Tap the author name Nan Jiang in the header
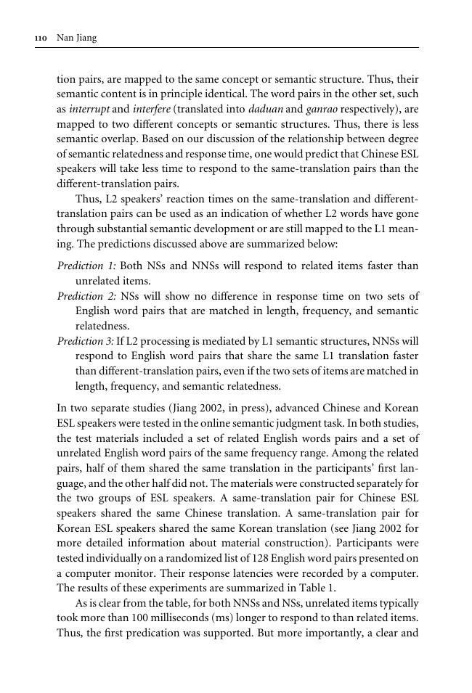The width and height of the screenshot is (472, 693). (76, 38)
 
